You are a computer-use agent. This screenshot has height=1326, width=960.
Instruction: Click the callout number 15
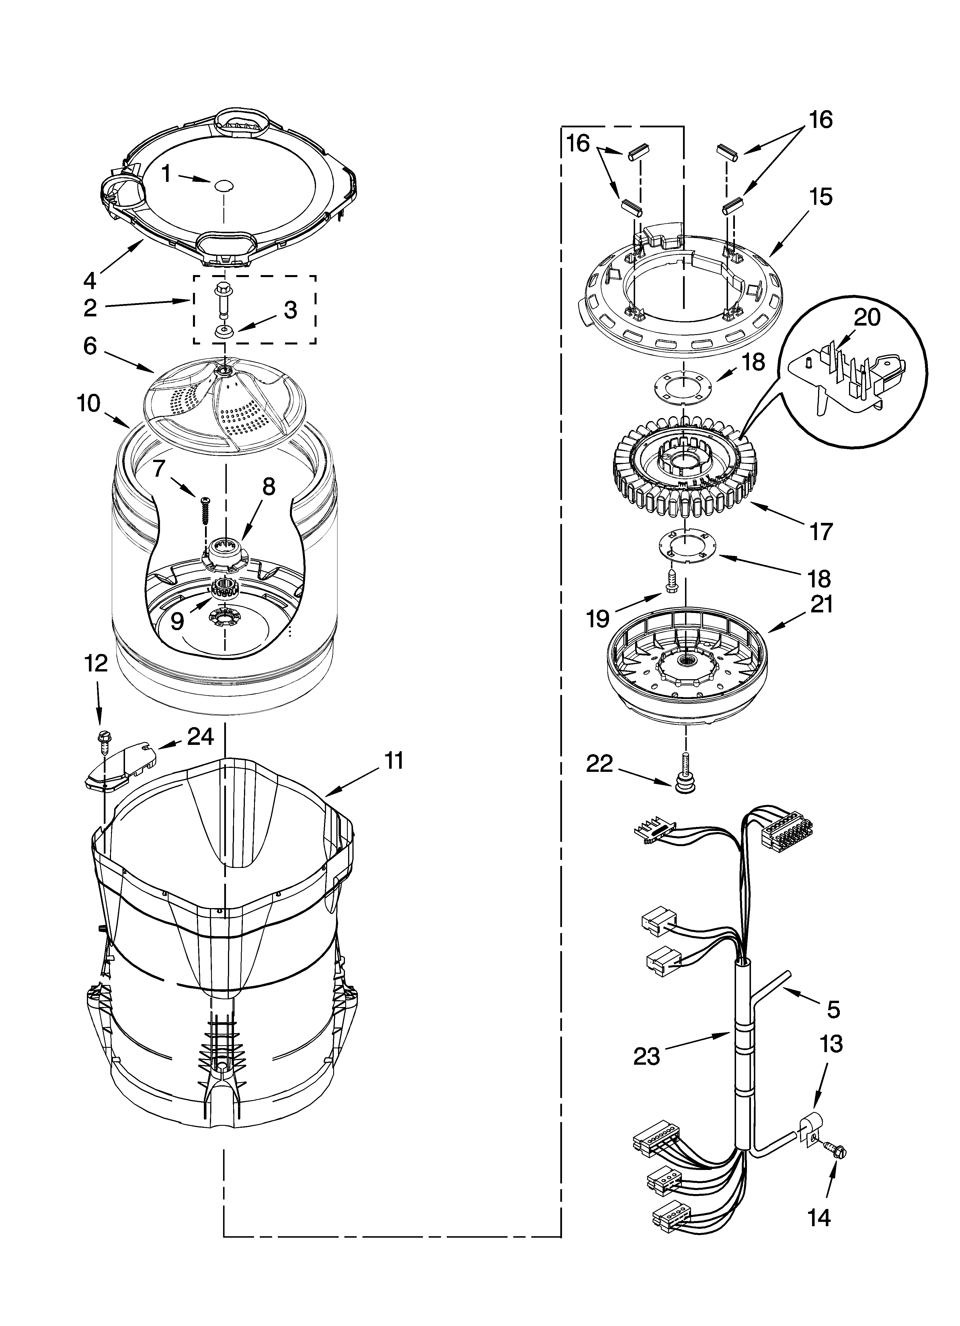point(821,198)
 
